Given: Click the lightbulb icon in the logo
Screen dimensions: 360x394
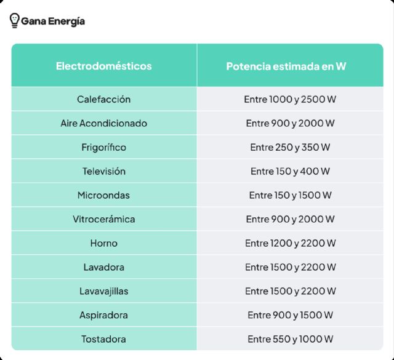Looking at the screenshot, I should click(14, 21).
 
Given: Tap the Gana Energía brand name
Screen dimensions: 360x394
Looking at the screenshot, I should click(53, 22).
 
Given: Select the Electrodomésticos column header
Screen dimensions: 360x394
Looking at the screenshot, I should click(104, 66).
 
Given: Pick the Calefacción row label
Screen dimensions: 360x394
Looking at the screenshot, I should click(104, 99).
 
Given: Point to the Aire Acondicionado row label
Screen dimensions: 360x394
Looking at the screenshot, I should click(104, 123).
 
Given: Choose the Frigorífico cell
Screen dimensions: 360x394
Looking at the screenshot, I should click(104, 147).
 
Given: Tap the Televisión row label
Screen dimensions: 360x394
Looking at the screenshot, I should click(104, 171).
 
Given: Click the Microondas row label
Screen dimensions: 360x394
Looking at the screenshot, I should click(104, 195).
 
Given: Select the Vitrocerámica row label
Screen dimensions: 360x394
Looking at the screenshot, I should click(104, 219).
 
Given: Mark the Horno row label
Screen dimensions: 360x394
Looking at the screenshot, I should click(104, 243).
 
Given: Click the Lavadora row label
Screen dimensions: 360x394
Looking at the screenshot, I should click(104, 267).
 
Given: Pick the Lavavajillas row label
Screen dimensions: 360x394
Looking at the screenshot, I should click(104, 291).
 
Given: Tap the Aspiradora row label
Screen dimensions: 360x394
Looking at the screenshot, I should click(104, 315).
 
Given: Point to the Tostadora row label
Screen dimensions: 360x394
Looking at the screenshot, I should click(104, 339).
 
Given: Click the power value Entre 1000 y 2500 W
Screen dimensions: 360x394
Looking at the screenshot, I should click(290, 99).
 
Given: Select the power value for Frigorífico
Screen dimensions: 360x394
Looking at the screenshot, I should click(290, 147).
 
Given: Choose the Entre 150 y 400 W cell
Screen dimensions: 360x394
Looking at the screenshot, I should click(290, 171).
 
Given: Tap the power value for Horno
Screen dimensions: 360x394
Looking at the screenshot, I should click(290, 243).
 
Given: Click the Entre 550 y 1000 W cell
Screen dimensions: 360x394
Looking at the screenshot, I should click(290, 339).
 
